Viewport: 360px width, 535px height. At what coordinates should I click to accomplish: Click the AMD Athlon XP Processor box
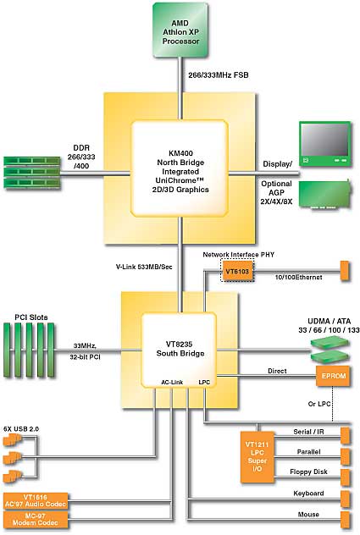180,30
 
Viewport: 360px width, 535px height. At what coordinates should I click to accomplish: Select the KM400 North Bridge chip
180,168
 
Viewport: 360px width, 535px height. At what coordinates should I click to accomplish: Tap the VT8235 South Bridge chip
180,350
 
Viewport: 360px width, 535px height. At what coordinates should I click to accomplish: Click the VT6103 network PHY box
237,272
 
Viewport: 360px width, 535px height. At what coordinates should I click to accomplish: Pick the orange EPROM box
334,376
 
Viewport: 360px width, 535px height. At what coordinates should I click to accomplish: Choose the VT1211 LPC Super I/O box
258,457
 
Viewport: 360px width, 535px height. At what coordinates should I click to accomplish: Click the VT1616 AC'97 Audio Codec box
36,501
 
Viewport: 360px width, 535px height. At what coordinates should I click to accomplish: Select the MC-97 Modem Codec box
36,520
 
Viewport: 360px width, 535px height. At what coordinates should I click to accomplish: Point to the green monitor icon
324,144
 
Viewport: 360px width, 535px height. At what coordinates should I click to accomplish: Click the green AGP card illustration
324,194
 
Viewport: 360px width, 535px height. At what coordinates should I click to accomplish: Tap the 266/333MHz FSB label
219,75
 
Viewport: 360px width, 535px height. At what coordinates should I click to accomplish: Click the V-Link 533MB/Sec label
144,267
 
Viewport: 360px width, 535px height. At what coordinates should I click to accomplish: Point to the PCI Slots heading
31,317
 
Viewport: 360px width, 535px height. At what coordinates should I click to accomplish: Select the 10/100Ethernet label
298,278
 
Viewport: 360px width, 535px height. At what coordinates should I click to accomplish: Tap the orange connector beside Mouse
346,519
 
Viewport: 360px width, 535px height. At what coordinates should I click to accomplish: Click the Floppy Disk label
308,472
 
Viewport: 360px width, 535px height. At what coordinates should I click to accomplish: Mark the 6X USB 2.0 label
21,429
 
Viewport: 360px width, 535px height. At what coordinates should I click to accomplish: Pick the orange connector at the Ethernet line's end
346,271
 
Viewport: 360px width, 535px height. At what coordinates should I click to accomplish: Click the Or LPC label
319,404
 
